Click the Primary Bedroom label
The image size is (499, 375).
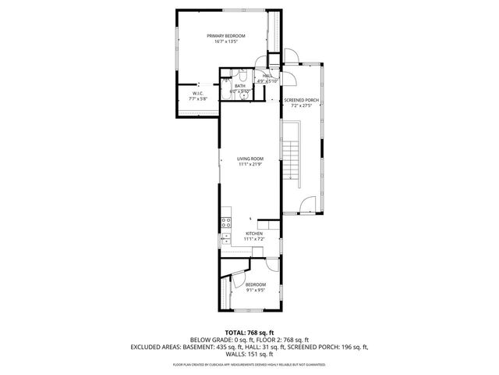coord(225,36)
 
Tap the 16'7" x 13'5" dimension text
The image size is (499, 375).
coord(225,41)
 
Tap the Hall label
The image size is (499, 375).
coord(267,76)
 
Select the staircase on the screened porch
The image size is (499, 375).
coord(290,161)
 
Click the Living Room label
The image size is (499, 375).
coord(250,159)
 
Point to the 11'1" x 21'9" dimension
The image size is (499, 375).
coord(250,165)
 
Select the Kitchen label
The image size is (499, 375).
coord(254,233)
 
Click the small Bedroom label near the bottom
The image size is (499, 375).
coord(255,284)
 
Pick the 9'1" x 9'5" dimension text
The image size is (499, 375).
coord(255,289)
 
